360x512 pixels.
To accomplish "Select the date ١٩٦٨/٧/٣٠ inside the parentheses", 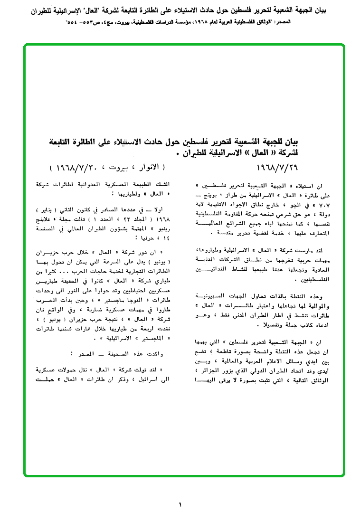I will click(72, 168).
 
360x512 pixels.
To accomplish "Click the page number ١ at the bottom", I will click(180, 504).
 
